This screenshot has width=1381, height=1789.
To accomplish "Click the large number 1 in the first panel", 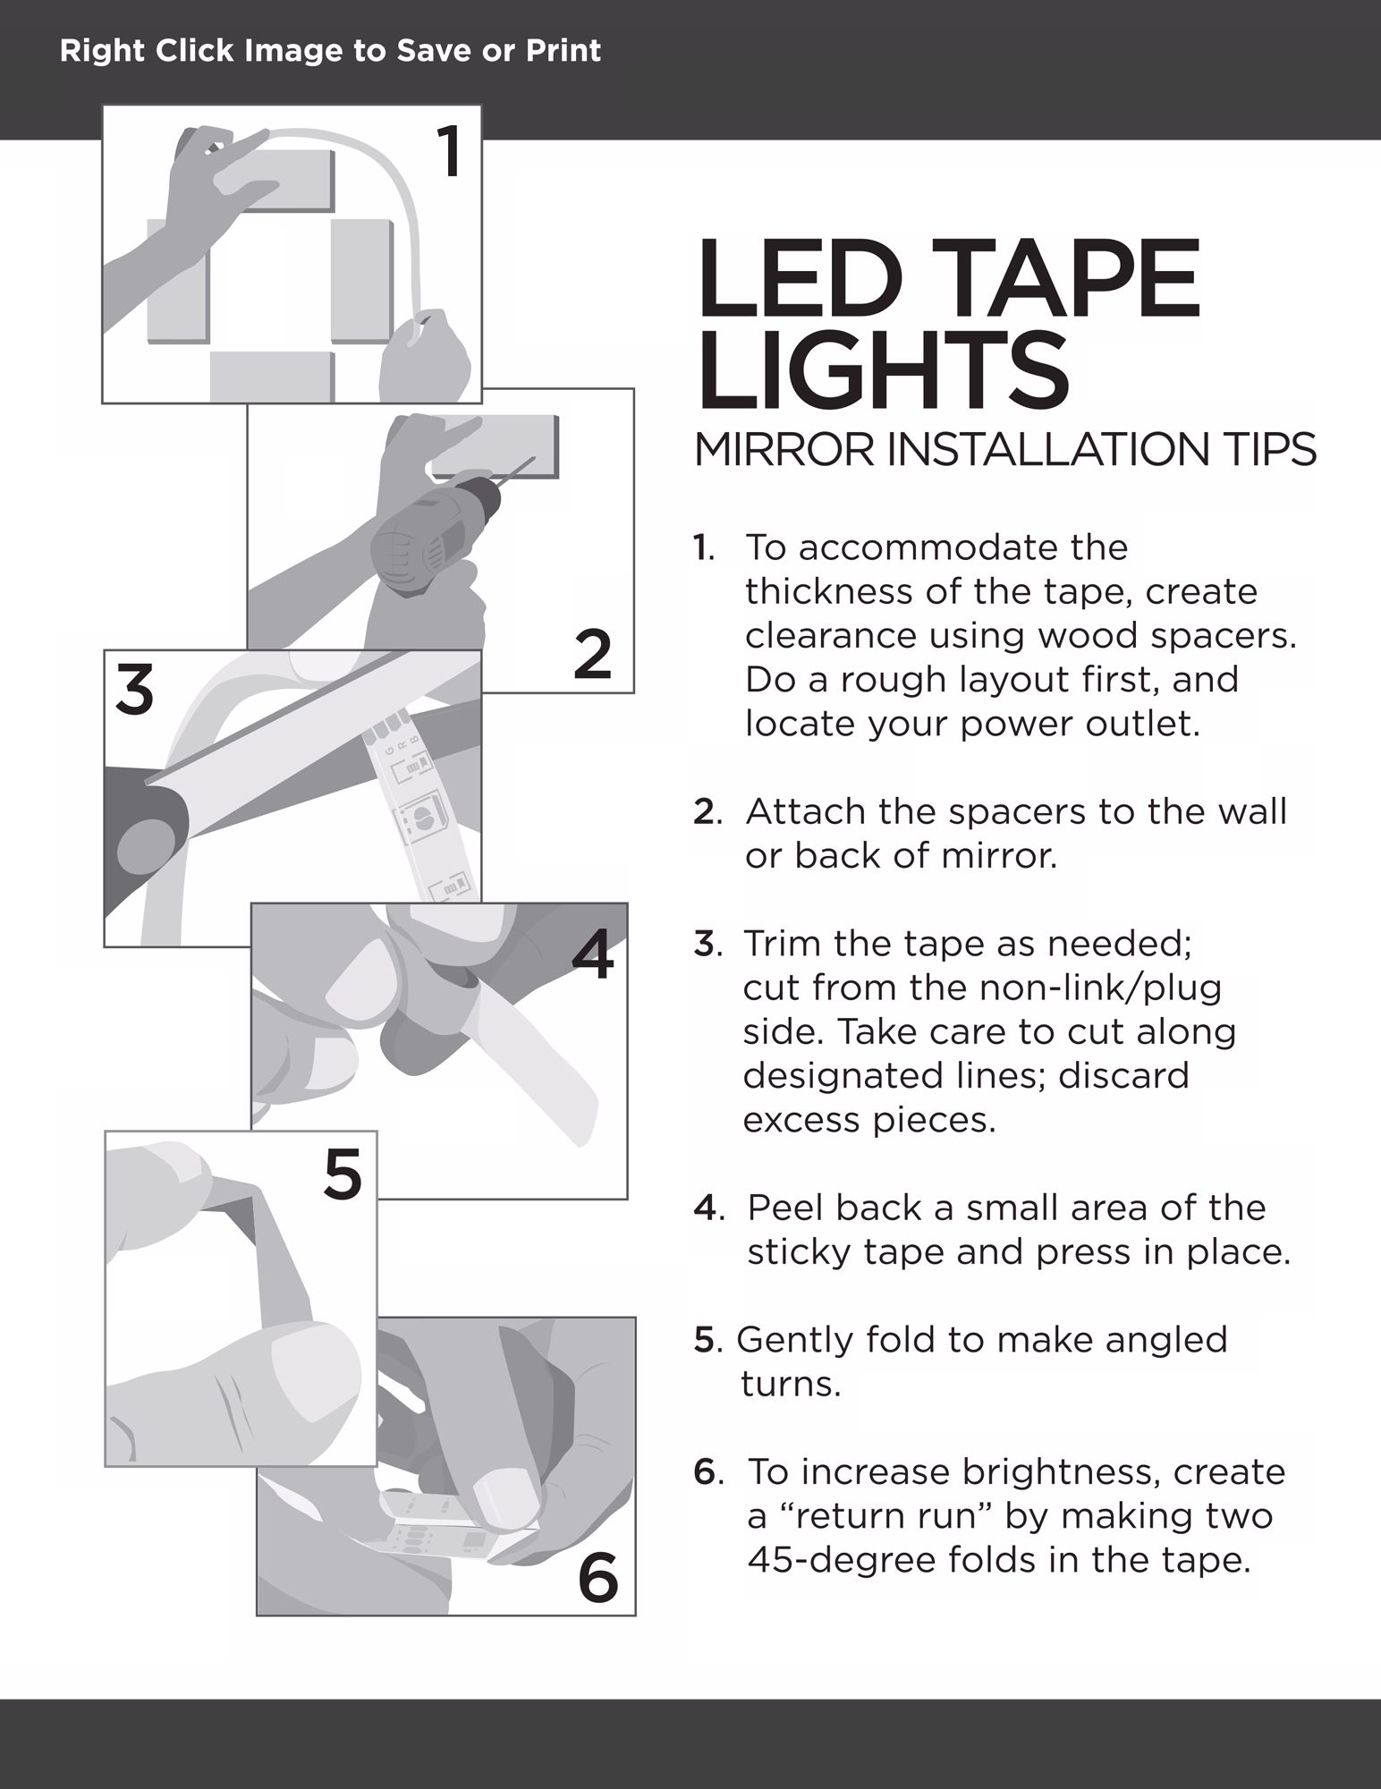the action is click(x=450, y=152).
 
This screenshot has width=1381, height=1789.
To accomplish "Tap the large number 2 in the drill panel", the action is click(x=592, y=654).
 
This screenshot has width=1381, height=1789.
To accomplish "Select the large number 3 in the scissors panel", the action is click(x=134, y=690).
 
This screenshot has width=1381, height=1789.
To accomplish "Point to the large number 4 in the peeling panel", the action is click(x=593, y=954).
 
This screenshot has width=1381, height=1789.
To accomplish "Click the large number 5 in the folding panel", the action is click(x=343, y=1174).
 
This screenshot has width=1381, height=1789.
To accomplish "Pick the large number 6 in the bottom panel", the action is click(x=598, y=1577).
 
